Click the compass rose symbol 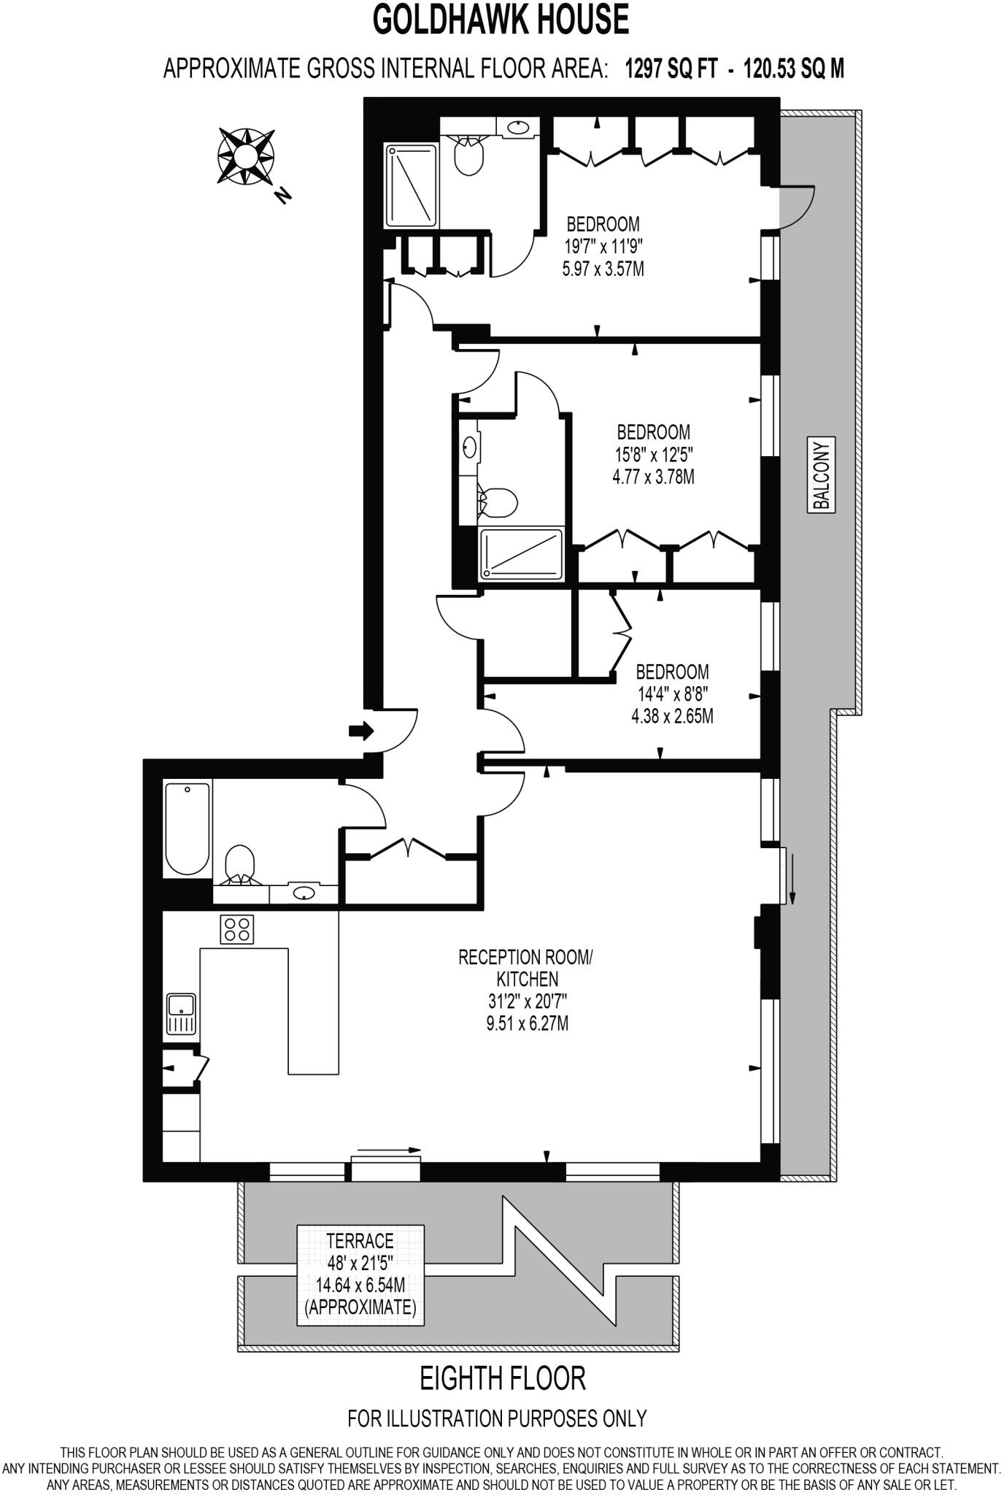[247, 155]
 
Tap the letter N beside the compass [283, 194]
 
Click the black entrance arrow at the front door [361, 730]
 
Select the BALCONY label [822, 474]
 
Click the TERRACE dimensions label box [360, 1274]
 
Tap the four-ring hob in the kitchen [237, 929]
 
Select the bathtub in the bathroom [188, 829]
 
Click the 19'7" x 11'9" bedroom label [603, 247]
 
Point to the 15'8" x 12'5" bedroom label [653, 454]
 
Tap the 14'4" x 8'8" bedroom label [672, 693]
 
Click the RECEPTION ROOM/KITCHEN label [526, 989]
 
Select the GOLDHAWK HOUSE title [501, 20]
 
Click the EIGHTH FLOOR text [503, 1378]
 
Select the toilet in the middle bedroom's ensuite [501, 503]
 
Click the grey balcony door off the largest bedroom [796, 207]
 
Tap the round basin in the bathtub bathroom [304, 892]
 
